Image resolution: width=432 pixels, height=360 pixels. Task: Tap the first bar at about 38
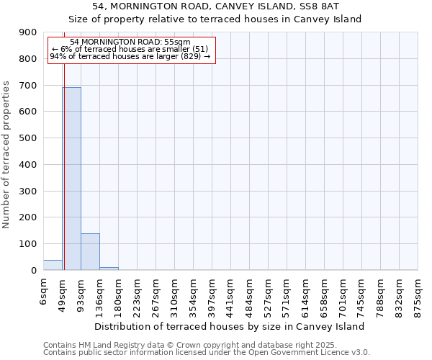(x=53, y=265)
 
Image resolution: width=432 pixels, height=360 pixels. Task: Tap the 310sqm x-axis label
(x=174, y=294)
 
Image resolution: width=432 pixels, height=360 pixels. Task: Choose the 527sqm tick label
(x=268, y=294)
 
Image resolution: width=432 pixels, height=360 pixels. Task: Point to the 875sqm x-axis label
(x=418, y=294)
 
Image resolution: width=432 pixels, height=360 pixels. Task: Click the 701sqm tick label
(x=343, y=294)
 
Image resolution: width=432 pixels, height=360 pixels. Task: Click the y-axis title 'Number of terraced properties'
(x=7, y=154)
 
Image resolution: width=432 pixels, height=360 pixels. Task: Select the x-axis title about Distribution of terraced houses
(x=229, y=326)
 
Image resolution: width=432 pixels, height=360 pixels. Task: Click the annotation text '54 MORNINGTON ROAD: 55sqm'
(x=130, y=42)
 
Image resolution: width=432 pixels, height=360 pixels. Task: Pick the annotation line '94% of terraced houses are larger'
(x=130, y=56)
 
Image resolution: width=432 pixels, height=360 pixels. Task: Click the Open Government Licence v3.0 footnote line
(x=207, y=352)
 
